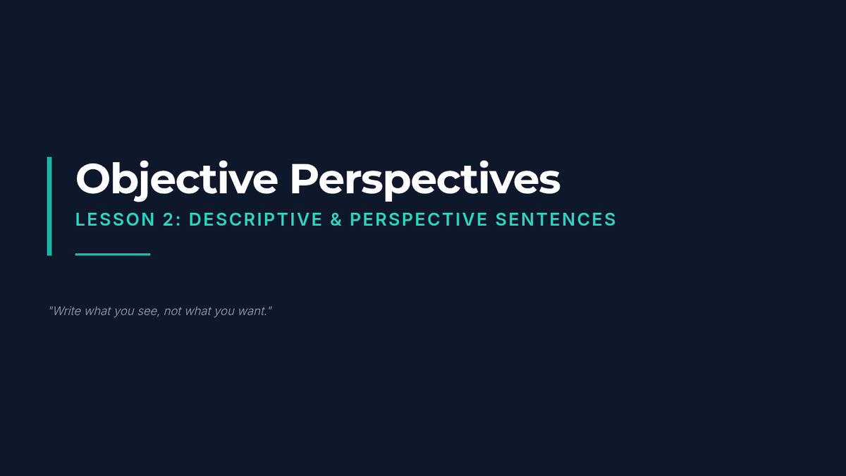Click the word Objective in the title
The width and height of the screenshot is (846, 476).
click(177, 180)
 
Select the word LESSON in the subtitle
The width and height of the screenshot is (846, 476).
click(115, 219)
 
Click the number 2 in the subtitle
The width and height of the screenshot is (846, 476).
click(168, 219)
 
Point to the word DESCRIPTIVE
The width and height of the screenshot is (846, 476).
click(256, 219)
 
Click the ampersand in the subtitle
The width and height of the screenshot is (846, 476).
click(336, 219)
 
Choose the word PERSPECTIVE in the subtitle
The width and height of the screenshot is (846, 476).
click(419, 219)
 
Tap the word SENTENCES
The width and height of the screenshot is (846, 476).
click(556, 219)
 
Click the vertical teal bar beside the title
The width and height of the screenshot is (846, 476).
click(49, 206)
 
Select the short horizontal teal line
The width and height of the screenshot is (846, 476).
click(113, 255)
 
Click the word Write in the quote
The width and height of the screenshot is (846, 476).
click(67, 311)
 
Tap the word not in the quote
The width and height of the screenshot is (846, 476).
click(173, 311)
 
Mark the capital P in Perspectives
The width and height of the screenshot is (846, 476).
click(303, 179)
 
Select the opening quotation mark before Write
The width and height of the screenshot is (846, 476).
click(51, 308)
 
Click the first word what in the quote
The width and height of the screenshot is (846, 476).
click(97, 311)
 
